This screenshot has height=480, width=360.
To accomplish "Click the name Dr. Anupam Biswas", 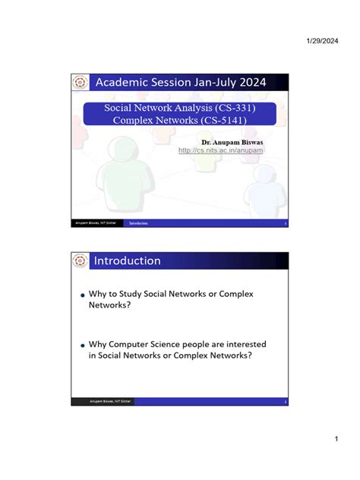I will click(x=232, y=142).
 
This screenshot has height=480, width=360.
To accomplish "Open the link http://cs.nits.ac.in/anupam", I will click(x=220, y=150).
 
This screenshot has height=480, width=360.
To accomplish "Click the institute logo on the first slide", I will click(x=80, y=82).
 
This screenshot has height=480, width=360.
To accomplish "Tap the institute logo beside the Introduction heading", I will click(x=80, y=261).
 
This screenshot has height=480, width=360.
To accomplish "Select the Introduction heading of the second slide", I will click(x=127, y=261).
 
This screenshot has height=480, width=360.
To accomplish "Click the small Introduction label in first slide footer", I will click(x=138, y=223).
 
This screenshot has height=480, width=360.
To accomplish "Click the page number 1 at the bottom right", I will click(x=335, y=440).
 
